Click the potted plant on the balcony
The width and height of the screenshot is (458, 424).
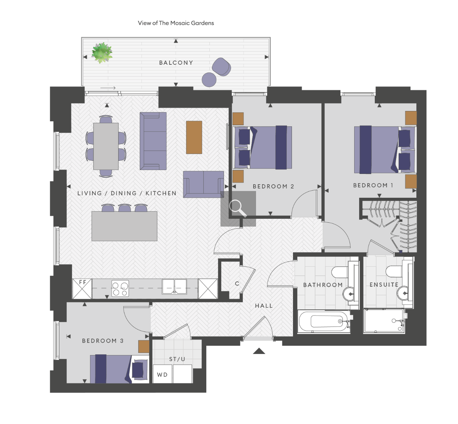(102, 53)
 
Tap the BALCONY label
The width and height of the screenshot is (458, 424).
(176, 63)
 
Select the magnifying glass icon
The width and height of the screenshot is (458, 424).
(238, 209)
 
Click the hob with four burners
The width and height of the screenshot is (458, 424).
(120, 288)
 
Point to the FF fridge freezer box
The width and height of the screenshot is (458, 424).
(82, 288)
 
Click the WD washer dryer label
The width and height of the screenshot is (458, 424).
(163, 375)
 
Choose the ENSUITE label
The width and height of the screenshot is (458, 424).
(384, 285)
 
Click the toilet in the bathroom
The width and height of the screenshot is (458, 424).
(340, 272)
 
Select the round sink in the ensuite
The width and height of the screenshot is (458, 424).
(404, 293)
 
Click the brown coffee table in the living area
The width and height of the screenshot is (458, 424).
(194, 137)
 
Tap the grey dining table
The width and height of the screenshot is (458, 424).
(106, 146)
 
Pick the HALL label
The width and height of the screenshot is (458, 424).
(264, 306)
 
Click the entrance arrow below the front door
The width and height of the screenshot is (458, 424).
(259, 351)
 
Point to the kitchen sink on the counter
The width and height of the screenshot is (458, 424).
(174, 286)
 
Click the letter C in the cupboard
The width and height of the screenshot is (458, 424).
(237, 283)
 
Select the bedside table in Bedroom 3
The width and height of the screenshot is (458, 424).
(144, 346)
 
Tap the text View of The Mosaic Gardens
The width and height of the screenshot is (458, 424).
(176, 23)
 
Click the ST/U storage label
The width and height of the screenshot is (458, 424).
(177, 359)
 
